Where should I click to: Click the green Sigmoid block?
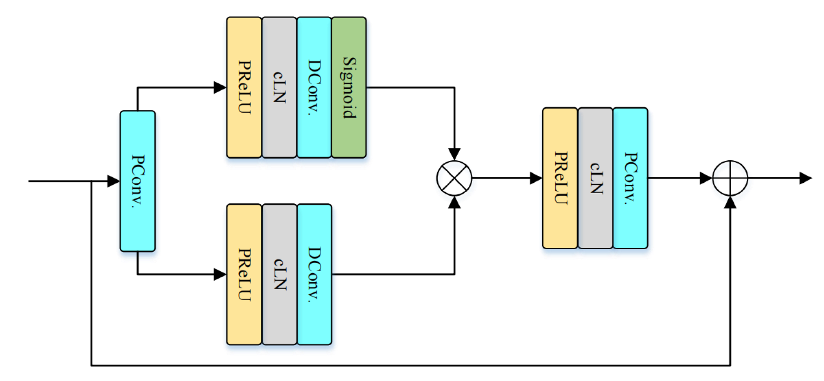pos(349,87)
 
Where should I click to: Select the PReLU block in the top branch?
pos(244,87)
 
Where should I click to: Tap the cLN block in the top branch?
pos(279,87)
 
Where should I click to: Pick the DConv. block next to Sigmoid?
pos(314,87)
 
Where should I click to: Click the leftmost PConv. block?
pos(138,181)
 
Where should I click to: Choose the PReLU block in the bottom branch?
pos(244,275)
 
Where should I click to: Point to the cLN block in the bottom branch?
pos(279,275)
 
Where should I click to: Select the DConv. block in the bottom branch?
pos(314,275)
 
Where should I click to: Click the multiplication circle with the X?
pos(454,178)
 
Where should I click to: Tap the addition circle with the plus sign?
pos(730,178)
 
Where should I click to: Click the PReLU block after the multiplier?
pos(560,178)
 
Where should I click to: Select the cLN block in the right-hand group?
pos(595,178)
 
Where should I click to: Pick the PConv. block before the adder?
pos(630,178)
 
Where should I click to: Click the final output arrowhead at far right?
pos(805,178)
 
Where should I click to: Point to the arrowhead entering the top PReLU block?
pos(220,87)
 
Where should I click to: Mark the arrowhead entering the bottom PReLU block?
pos(220,275)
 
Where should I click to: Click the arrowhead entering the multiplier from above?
pos(454,154)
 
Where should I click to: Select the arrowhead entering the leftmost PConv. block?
pos(114,181)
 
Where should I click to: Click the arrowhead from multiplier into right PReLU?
pos(536,178)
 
